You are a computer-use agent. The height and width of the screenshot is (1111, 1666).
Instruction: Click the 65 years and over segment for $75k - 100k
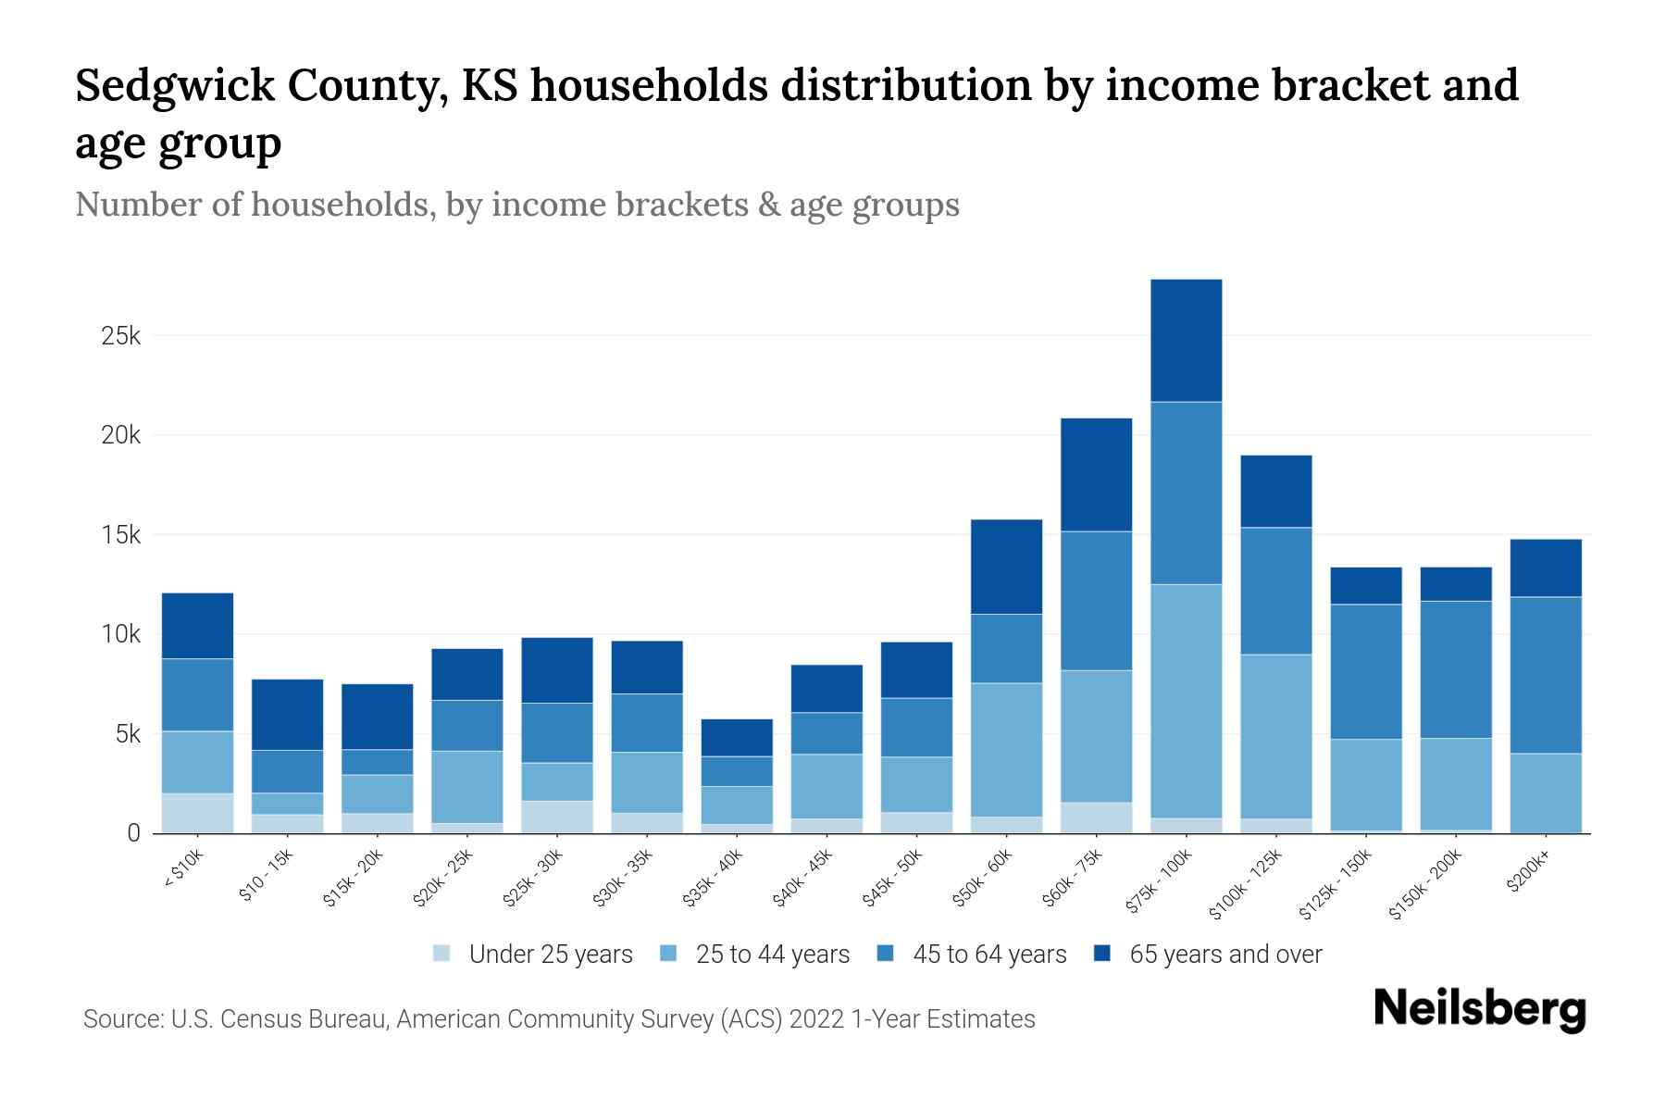pyautogui.click(x=1186, y=341)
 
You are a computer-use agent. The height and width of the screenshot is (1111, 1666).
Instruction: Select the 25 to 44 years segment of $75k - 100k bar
pyautogui.click(x=1186, y=701)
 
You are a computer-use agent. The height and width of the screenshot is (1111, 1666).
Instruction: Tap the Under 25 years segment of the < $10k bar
pyautogui.click(x=197, y=813)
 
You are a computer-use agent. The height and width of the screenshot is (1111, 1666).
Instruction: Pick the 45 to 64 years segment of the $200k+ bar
pyautogui.click(x=1546, y=675)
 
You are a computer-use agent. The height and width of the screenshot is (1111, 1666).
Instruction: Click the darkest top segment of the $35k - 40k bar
pyautogui.click(x=737, y=738)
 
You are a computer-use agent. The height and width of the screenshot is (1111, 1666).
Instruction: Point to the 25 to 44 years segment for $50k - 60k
pyautogui.click(x=1006, y=750)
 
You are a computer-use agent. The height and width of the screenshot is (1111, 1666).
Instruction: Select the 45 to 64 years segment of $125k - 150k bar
pyautogui.click(x=1365, y=671)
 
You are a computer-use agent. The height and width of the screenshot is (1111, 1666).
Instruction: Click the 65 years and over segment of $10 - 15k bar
pyautogui.click(x=287, y=715)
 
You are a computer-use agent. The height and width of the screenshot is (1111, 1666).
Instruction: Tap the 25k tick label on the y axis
pyautogui.click(x=120, y=336)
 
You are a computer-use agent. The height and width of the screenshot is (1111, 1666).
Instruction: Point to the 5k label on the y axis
pyautogui.click(x=120, y=735)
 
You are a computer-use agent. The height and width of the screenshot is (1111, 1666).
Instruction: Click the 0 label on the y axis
pyautogui.click(x=133, y=834)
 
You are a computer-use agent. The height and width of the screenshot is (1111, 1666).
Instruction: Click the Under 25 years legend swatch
pyautogui.click(x=441, y=954)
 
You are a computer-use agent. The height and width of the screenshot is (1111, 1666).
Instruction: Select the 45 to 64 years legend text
pyautogui.click(x=989, y=955)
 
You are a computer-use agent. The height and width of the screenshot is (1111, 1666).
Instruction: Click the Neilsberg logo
pyautogui.click(x=1479, y=1009)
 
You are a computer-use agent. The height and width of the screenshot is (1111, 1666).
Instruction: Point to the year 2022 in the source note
pyautogui.click(x=816, y=1019)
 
